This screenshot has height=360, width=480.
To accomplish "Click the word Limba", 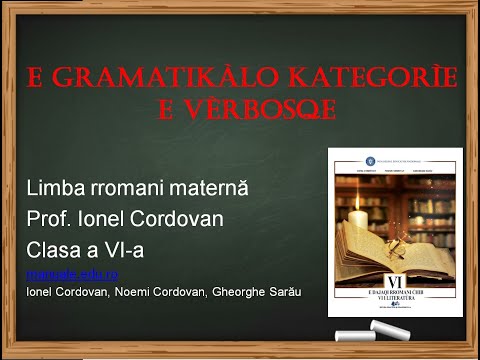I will pos(56,188).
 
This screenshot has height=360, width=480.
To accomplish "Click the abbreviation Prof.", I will pos(51,218).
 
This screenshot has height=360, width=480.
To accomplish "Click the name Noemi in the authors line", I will pos(144,291).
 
